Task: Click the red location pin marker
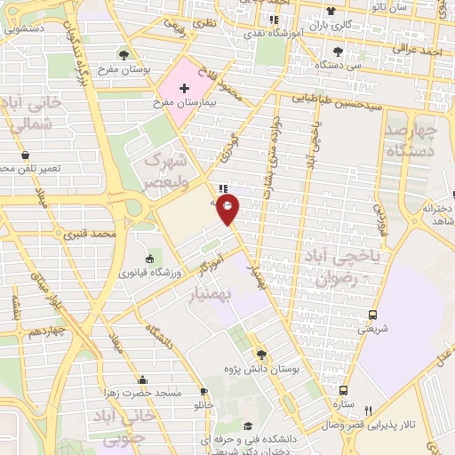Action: [x=228, y=211]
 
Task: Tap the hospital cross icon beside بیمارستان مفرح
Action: [x=184, y=88]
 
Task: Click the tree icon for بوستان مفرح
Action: [x=123, y=54]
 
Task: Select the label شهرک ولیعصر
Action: [x=167, y=172]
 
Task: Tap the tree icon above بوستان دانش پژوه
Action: [x=260, y=354]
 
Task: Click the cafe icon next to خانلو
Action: [x=204, y=391]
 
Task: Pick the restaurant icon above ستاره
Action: [x=344, y=390]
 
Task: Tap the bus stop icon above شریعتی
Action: [x=372, y=315]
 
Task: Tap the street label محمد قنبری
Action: [x=97, y=235]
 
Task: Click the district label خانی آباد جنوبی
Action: [x=128, y=427]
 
